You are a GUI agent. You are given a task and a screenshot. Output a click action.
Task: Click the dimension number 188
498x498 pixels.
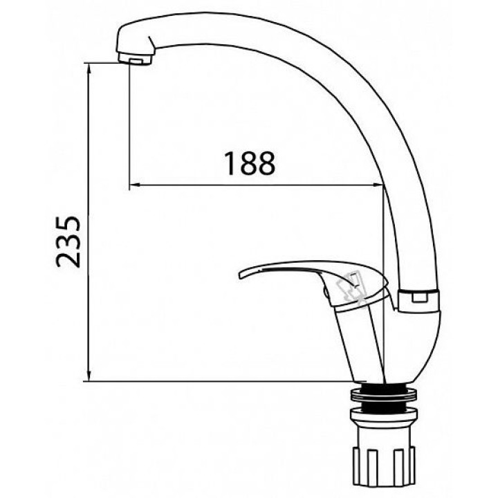[x=249, y=163]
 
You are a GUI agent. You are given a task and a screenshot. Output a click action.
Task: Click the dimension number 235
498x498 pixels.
[x=68, y=242]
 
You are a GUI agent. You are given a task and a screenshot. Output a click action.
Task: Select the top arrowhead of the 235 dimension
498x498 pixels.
[x=89, y=68]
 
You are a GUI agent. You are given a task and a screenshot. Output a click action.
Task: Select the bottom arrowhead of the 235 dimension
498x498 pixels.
[x=89, y=376]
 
